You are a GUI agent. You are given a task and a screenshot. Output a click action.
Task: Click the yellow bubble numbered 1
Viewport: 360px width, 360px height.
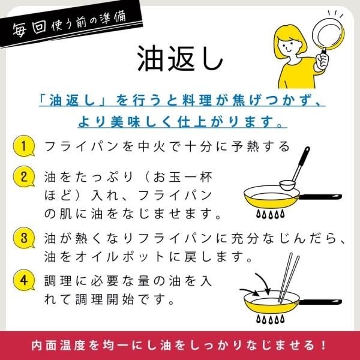click(x=23, y=146)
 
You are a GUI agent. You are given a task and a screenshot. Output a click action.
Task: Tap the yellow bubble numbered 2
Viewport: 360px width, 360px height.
click(x=23, y=176)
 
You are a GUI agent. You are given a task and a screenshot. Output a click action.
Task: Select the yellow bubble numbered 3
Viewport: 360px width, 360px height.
click(x=23, y=238)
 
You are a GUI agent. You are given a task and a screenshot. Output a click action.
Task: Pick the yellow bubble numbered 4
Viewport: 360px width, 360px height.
click(x=23, y=280)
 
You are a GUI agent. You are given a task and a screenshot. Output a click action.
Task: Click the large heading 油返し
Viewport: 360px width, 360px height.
click(x=180, y=59)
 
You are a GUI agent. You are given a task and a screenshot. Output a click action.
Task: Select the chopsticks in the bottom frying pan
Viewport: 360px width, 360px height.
click(x=289, y=278)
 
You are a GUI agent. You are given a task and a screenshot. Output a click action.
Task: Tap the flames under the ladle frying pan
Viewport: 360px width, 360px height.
click(x=271, y=214)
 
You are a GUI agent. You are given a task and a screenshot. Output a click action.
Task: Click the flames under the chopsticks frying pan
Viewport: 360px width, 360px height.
click(x=271, y=319)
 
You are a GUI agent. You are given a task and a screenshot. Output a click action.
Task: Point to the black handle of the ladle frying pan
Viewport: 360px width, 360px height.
click(x=320, y=197)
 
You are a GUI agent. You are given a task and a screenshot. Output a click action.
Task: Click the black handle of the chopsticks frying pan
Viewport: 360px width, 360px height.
click(x=320, y=302)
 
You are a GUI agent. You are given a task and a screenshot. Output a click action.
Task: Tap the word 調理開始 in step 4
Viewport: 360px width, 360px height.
click(x=104, y=299)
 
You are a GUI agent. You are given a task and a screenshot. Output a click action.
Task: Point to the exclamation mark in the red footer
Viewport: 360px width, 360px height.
click(x=324, y=346)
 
